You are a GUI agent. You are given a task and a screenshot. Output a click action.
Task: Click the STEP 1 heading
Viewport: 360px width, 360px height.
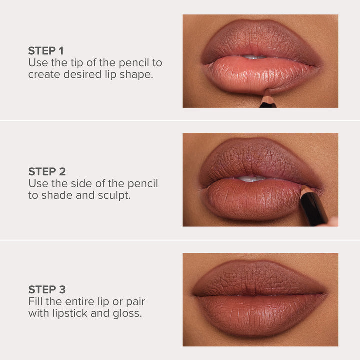coord(46,51)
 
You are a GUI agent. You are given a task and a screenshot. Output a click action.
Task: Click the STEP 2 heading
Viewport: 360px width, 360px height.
coord(47,171)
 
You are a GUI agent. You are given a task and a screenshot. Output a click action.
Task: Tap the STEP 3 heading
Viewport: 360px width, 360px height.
coord(47,290)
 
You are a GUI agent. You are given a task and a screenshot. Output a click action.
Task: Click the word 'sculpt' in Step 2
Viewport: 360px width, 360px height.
coord(113,195)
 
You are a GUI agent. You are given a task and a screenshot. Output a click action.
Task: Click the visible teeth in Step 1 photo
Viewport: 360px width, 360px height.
coord(256,57)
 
